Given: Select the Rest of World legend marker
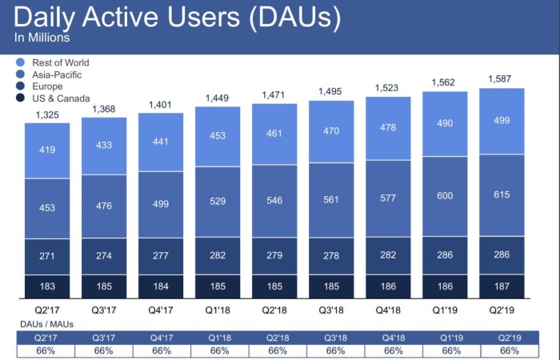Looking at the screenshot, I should [19, 62].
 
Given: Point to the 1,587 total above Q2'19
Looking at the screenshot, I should [502, 79].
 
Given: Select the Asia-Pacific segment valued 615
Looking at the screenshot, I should [502, 194].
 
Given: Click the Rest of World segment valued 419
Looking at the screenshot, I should [47, 150].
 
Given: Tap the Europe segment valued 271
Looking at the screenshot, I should [47, 256].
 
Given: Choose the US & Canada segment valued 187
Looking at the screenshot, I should [502, 285].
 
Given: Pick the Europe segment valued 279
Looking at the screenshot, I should [274, 256].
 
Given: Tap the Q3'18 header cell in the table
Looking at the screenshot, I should [331, 337].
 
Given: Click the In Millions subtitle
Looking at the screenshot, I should [42, 38].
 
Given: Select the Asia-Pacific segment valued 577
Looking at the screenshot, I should [388, 198].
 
